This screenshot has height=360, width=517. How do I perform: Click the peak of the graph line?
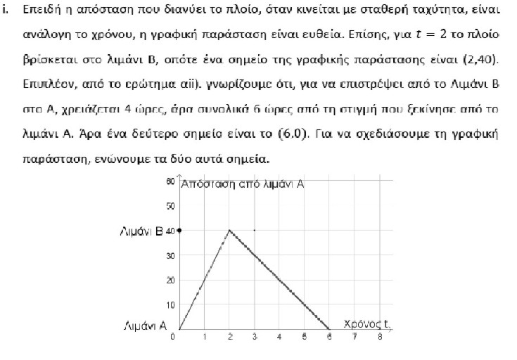[x=229, y=230]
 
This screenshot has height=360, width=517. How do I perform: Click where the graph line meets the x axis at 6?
[x=329, y=328]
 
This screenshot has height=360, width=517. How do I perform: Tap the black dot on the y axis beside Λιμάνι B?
[x=179, y=230]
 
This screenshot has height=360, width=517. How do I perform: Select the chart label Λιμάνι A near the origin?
[x=145, y=326]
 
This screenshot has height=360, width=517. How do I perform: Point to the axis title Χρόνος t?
[x=366, y=323]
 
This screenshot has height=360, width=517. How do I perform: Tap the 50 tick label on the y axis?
[x=170, y=206]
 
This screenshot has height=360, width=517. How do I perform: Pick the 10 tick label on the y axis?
[x=170, y=304]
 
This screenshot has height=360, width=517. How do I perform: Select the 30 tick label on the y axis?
[x=170, y=255]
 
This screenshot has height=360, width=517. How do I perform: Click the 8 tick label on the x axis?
[x=379, y=337]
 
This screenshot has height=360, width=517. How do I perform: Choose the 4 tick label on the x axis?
[x=279, y=337]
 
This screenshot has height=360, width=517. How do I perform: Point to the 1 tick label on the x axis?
[x=205, y=337]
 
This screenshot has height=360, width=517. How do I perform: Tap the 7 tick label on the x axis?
[x=355, y=337]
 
